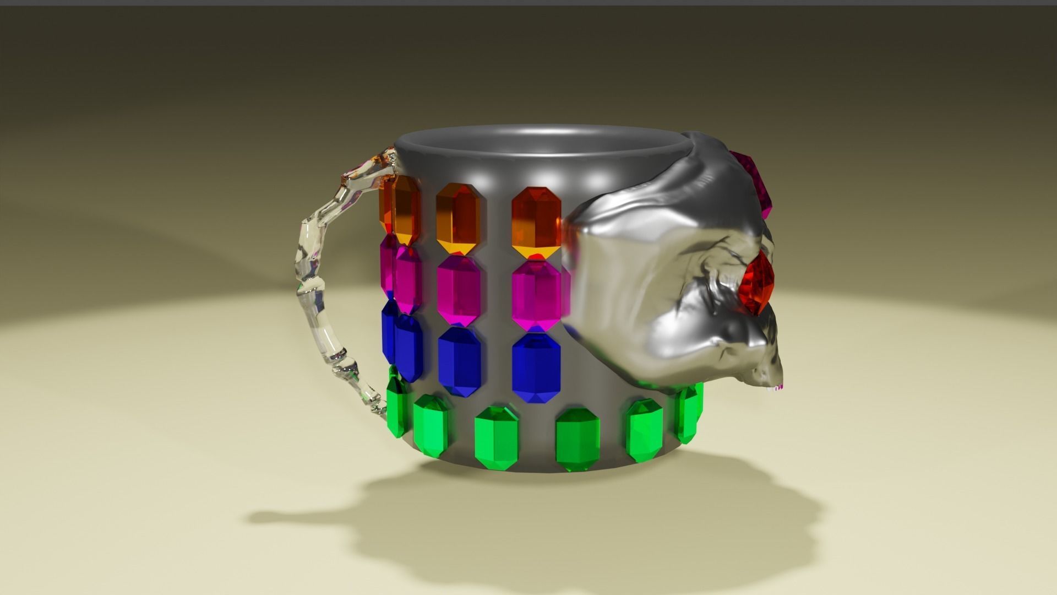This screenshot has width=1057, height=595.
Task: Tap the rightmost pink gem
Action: click(536, 296)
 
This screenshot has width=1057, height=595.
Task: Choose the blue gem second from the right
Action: click(460, 362)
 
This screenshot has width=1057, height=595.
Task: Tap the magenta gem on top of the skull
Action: click(755, 182)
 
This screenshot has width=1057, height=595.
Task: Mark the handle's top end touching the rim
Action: click(385, 160)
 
